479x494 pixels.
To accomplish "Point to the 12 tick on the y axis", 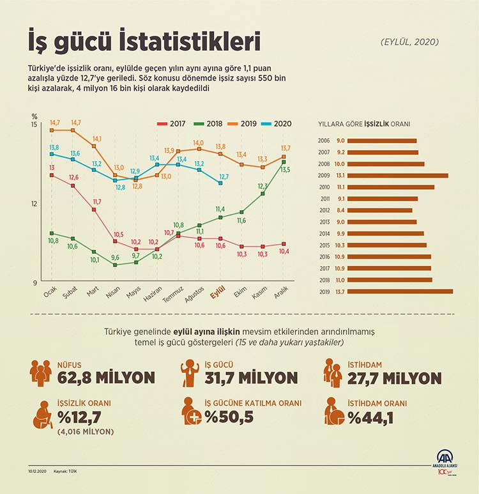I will (34, 203).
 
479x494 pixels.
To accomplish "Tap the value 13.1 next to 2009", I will (340, 175).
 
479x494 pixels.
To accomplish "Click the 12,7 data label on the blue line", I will (224, 176).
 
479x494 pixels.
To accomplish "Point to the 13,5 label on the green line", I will (285, 169).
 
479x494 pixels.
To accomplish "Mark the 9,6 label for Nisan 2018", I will (115, 258).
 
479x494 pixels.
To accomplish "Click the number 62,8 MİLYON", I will (106, 377).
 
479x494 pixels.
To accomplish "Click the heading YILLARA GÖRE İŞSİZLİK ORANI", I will (363, 124).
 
